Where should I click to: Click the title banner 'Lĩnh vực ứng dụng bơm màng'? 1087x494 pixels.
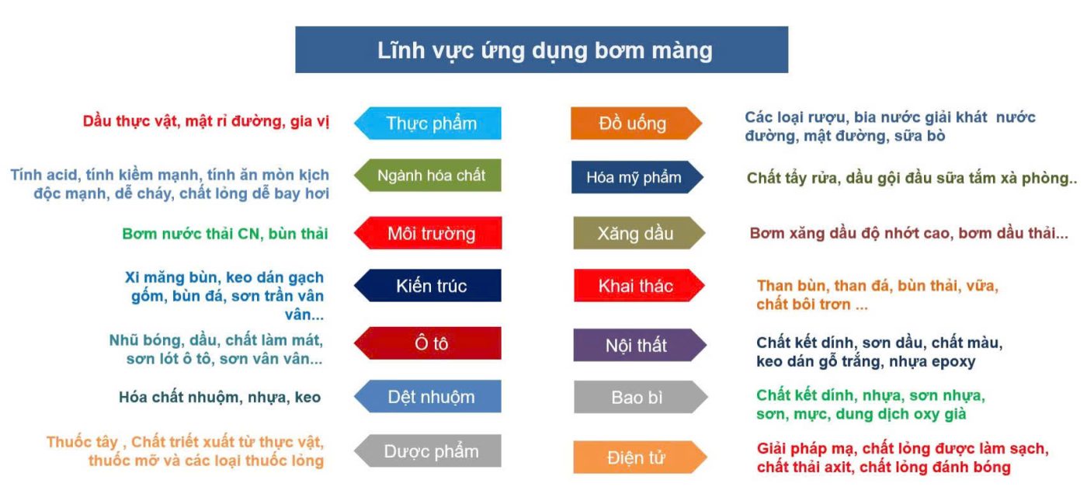pos(541,50)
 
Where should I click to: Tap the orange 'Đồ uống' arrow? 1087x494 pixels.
pos(634,124)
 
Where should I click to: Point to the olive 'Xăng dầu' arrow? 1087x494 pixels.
pos(636,233)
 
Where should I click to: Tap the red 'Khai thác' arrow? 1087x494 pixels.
pos(636,286)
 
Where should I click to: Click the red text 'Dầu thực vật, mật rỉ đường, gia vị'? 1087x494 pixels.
pos(206,122)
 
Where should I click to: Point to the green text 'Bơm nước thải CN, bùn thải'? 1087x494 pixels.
pos(225,233)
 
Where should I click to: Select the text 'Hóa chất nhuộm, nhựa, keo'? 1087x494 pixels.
pos(220,397)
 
